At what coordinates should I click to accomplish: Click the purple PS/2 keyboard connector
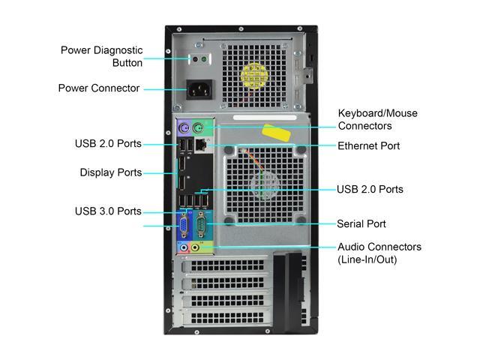[184, 128]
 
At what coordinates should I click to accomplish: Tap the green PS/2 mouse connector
[198, 128]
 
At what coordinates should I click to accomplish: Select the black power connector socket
[199, 90]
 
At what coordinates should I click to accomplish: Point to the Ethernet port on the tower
[201, 144]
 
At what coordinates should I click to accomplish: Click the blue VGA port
[184, 226]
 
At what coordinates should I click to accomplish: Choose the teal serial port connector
[201, 225]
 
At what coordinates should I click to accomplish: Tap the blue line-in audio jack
[184, 247]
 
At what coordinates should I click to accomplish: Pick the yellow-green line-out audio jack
[195, 247]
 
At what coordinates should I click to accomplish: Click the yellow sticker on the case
[276, 133]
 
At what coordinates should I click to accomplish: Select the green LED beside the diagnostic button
[204, 58]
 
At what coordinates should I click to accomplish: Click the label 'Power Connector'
[99, 88]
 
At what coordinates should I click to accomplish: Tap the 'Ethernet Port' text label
[368, 146]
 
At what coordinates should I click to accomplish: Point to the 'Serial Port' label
[361, 223]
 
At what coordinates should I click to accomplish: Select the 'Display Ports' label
[111, 172]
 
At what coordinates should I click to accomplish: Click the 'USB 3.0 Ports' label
[108, 211]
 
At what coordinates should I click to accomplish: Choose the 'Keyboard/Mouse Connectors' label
[378, 119]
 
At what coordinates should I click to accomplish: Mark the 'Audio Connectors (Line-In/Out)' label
[379, 253]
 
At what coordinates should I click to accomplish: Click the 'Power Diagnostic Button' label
[102, 56]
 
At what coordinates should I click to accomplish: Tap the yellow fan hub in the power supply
[254, 76]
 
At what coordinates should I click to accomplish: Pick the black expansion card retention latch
[288, 291]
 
